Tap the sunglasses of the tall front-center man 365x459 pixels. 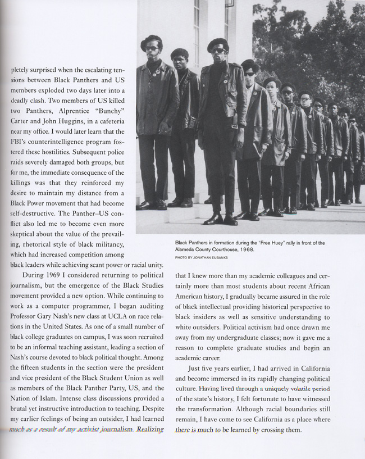point(218,51)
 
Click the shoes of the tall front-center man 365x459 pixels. point(221,220)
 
